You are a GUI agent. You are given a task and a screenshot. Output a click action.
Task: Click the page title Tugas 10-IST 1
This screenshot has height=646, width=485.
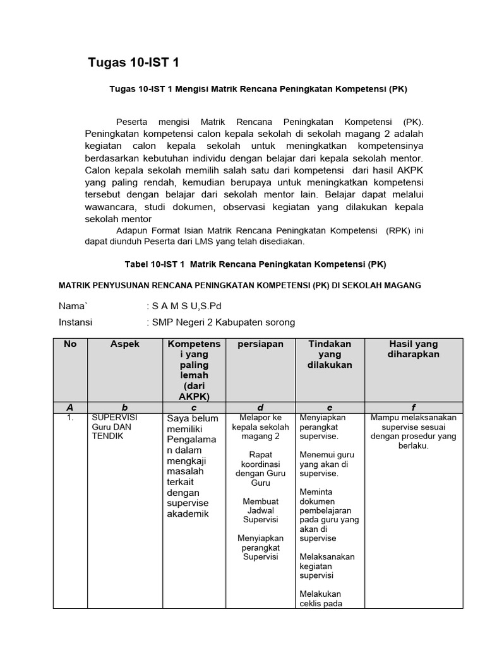(x=137, y=62)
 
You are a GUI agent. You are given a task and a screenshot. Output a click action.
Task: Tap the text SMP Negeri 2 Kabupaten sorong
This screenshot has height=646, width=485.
(x=222, y=322)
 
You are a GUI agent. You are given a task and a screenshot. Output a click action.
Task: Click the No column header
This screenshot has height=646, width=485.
(x=70, y=344)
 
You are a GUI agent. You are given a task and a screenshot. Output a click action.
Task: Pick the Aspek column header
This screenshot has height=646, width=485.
(x=124, y=344)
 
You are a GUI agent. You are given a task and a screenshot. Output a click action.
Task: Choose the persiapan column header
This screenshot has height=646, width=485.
(x=260, y=344)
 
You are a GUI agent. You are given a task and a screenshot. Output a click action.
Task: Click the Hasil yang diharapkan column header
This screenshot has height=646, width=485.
(x=414, y=349)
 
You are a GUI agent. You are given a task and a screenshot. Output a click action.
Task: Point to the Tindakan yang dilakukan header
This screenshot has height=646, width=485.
(x=330, y=354)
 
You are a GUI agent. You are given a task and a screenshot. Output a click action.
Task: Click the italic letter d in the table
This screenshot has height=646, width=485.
(x=260, y=407)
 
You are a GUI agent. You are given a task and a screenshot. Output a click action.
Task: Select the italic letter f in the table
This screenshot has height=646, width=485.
(x=414, y=407)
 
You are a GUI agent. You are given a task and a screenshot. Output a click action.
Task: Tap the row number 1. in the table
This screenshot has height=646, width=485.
(x=70, y=418)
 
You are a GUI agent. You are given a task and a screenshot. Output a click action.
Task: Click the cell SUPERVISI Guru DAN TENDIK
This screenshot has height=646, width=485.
(x=115, y=426)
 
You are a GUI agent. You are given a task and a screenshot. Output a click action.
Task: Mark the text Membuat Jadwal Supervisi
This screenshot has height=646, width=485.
(x=261, y=510)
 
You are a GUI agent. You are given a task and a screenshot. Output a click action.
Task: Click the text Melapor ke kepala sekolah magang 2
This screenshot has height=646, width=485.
(x=260, y=426)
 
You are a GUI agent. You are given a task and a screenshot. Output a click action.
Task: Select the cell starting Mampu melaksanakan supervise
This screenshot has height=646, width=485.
(x=414, y=432)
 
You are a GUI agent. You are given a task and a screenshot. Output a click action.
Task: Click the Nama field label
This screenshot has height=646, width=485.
(x=73, y=306)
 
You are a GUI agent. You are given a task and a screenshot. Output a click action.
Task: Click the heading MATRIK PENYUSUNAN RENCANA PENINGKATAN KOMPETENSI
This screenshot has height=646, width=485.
(x=239, y=286)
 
